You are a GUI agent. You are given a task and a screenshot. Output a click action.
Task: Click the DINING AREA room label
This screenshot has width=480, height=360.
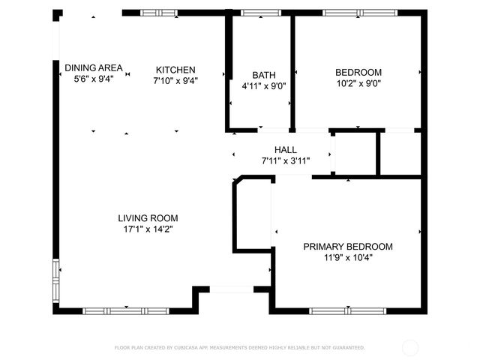pos(93,67)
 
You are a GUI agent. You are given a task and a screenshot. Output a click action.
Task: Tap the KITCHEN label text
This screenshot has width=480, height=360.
pos(175,69)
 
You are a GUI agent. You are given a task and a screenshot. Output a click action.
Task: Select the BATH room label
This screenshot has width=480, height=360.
pos(263,75)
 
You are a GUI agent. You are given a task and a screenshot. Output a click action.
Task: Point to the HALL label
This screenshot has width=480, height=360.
pos(285,149)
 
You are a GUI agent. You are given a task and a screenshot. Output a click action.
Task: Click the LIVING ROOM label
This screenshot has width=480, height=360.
pos(148,218)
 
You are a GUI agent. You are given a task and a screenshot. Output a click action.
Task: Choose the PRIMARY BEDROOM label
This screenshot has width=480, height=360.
pos(347,247)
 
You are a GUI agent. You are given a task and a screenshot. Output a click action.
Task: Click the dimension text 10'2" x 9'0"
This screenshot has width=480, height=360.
pos(358,84)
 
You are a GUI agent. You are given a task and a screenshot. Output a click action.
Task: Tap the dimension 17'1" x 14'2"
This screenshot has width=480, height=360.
pos(148,229)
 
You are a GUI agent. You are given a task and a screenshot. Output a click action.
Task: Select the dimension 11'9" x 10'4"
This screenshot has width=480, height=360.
pos(347,258)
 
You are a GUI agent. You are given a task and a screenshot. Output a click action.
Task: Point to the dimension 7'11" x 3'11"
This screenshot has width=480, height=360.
pos(285,160)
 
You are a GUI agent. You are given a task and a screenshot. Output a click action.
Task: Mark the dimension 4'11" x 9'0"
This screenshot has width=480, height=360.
pos(263,86)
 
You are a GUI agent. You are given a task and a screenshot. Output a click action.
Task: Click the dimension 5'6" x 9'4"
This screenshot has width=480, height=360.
pos(93,79)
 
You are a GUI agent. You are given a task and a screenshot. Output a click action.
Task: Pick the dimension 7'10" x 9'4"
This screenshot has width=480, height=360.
pos(175,80)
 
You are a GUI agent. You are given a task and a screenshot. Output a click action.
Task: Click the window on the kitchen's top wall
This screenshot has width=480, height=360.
pos(159,13)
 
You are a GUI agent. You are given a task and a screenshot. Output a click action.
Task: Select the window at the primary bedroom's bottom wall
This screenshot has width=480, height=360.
pos(347,310)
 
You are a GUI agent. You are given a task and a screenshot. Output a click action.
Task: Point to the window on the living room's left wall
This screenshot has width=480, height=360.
pos(55,280)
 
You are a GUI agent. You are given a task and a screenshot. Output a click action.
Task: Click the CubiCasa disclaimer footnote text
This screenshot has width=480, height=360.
pos(239,348)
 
